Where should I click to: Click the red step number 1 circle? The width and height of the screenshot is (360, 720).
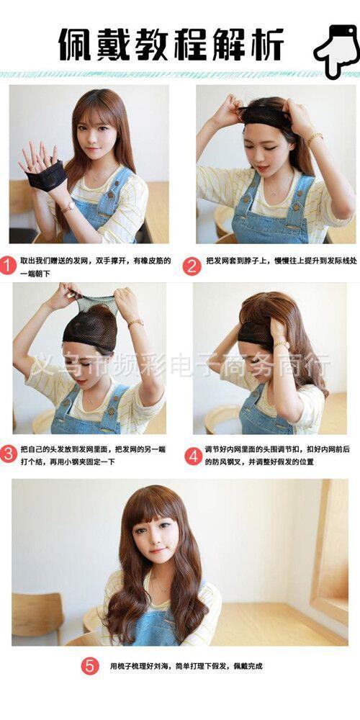point(8,266)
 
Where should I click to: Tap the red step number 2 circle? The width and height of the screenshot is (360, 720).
point(192,266)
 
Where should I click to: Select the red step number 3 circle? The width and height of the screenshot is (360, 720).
point(8,454)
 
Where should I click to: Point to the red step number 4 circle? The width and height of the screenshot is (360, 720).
point(193,456)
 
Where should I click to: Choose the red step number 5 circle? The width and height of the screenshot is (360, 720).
point(90,666)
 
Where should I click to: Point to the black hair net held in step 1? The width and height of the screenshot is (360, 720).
point(46,176)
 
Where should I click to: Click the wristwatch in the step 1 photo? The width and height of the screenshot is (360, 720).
point(68,207)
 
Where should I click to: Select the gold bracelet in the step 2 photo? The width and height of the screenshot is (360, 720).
point(315,138)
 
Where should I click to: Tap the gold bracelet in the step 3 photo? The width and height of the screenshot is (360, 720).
point(135,323)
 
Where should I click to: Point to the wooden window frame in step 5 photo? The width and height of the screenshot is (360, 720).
point(329,549)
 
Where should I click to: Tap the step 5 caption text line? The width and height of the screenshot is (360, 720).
point(186,666)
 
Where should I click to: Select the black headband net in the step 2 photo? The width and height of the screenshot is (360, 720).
point(266,116)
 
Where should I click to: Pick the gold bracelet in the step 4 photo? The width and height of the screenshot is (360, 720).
point(282,344)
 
